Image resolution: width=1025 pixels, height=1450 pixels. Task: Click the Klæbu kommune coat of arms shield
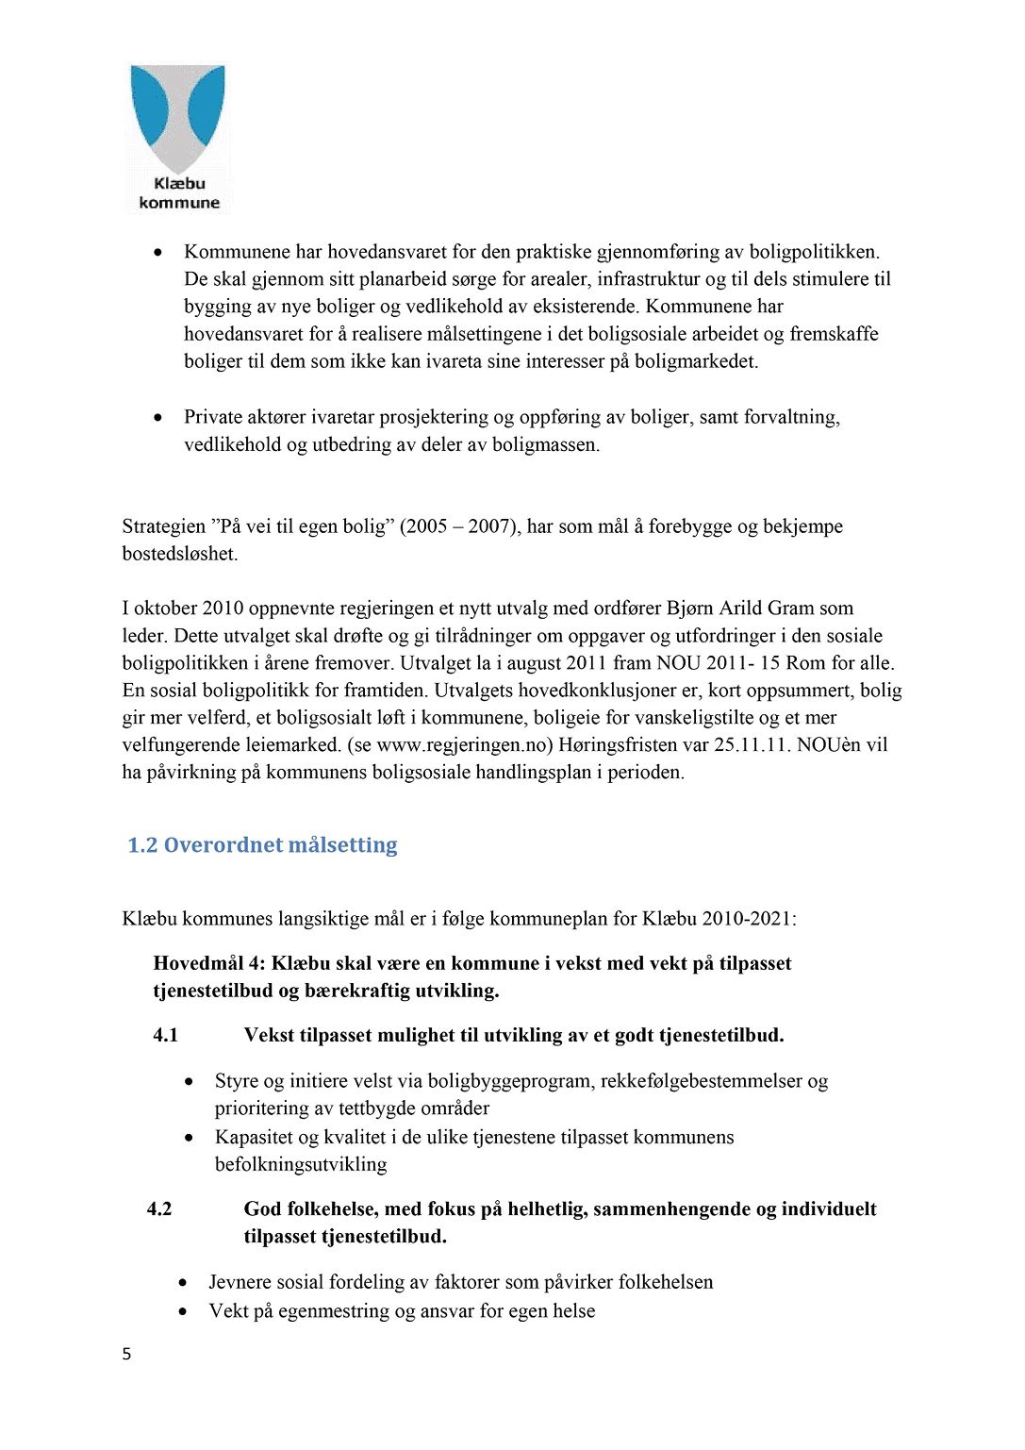(178, 117)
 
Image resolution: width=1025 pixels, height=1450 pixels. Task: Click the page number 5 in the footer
(126, 1355)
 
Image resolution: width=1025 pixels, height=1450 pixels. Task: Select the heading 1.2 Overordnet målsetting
(262, 845)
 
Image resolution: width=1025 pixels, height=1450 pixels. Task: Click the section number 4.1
(166, 1036)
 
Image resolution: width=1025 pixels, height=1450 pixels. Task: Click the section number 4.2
(159, 1209)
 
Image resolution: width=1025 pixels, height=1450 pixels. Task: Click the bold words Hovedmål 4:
(210, 964)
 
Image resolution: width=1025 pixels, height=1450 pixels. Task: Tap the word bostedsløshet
(179, 554)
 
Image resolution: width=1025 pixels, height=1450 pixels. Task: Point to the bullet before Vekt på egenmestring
(183, 1312)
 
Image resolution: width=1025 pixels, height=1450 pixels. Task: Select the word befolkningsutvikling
(301, 1165)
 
